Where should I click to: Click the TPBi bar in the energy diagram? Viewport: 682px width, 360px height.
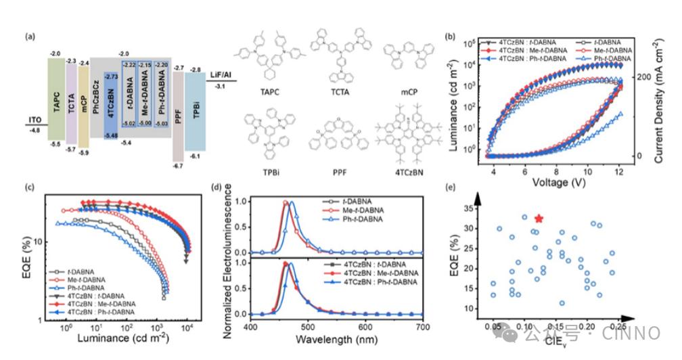195,112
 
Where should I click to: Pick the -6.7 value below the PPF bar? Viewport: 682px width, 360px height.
179,165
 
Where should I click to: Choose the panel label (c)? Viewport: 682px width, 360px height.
29,187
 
